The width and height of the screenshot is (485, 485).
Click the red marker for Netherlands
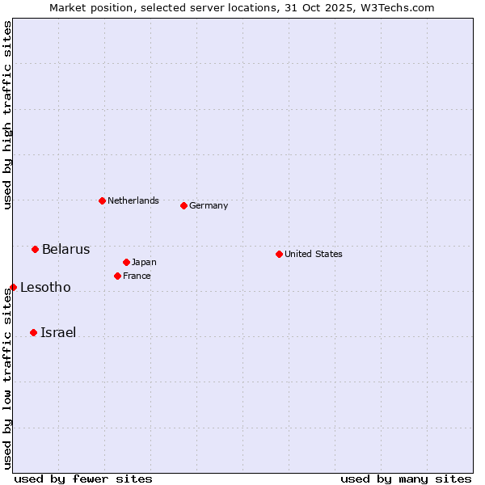coord(102,200)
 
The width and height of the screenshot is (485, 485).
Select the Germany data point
coord(183,205)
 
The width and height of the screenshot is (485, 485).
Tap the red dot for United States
coord(279,254)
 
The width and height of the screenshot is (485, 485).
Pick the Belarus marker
coord(35,249)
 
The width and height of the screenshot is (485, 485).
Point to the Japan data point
coord(126,262)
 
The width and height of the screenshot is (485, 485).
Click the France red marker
coord(117,276)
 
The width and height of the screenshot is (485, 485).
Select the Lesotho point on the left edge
coord(13,287)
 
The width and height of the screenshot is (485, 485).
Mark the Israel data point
coord(33,332)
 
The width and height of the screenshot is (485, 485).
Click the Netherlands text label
coord(133,200)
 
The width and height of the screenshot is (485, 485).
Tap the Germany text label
coord(209,205)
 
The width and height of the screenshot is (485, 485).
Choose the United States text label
coord(314,254)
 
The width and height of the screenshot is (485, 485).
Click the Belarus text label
coord(66,249)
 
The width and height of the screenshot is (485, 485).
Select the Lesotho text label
coord(45,287)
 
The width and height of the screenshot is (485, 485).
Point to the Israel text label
coord(58,332)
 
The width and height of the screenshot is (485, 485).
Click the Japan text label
coord(144,262)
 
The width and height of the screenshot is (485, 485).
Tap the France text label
coord(137,276)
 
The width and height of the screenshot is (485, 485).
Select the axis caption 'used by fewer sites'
coord(83,479)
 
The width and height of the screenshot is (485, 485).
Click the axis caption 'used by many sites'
coord(406,479)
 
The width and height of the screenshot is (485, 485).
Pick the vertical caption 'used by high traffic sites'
coord(7,115)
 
